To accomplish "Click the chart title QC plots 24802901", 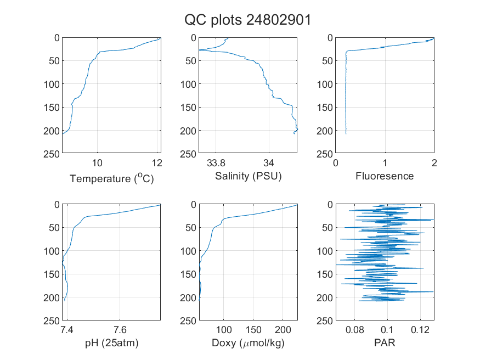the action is coord(247,20).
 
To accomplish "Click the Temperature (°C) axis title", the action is coord(112,178).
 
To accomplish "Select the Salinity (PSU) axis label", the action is coord(249,176).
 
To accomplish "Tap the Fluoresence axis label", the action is coord(385,176).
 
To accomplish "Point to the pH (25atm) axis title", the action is coord(112,343).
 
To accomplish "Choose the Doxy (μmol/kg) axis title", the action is coord(249,343).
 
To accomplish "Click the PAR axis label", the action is coord(385,342).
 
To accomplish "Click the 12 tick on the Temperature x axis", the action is coord(157,163).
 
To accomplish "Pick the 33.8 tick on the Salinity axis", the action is coord(216,163).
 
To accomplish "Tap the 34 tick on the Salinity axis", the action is coord(269,163).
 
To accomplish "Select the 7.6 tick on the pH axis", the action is coord(120,330).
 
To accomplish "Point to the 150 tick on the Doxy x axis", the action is coord(253,330).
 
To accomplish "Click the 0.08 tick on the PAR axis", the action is coord(355,330).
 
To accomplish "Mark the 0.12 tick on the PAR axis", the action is coord(420,330).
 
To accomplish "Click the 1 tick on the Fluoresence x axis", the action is coord(385,163).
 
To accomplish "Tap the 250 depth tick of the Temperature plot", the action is coord(52,154).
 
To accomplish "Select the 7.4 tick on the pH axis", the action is coord(67,330).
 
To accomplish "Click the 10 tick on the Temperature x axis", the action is coord(97,163).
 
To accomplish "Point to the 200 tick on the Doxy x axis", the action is coord(283,330).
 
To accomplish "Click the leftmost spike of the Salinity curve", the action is coord(199,50).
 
